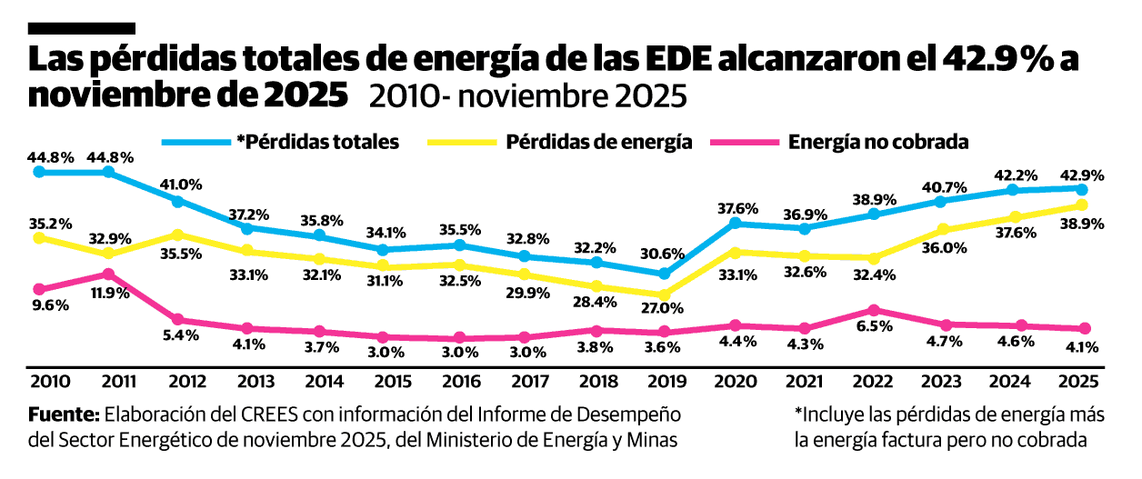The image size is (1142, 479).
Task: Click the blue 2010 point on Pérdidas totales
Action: click(39, 171)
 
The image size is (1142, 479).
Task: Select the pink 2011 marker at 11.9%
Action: click(108, 274)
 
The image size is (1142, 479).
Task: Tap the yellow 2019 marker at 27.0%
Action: click(664, 294)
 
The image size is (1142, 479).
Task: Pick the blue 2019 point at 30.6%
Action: click(664, 274)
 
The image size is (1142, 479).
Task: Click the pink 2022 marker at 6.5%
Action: click(874, 310)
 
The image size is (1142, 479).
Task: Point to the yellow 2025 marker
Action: click(1082, 205)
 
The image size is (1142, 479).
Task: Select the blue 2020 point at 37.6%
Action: click(734, 223)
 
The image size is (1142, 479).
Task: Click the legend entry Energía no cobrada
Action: click(878, 142)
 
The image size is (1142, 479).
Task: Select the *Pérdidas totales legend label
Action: click(317, 142)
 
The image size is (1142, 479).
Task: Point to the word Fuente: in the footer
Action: click(64, 414)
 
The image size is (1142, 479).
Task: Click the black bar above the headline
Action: click(83, 29)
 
